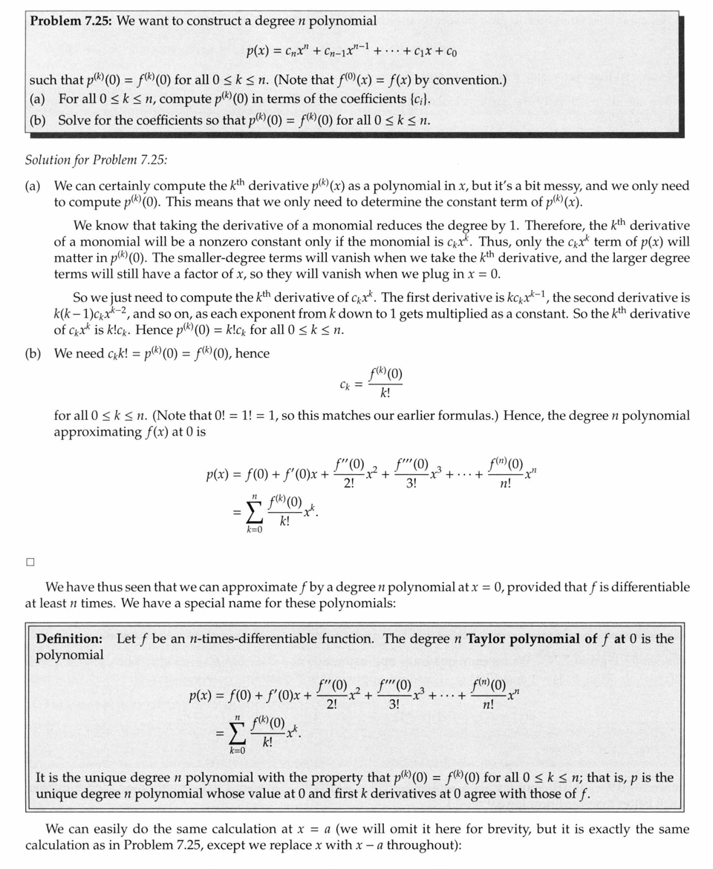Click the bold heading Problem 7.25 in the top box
71,21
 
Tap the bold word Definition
70,638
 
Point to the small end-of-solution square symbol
30,562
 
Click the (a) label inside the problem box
37,99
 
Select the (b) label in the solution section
33,353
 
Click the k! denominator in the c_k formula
385,393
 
